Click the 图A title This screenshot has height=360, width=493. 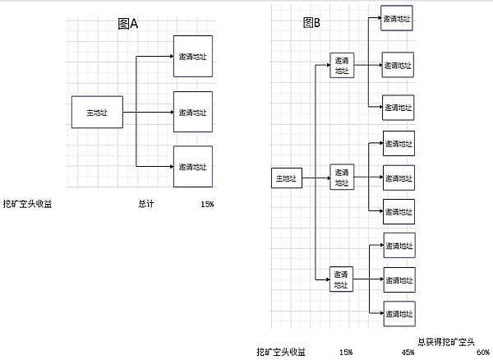(127, 24)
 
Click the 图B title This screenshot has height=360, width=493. (311, 22)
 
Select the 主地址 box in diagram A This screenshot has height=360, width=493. (97, 111)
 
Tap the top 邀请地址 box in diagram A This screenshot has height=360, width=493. (193, 57)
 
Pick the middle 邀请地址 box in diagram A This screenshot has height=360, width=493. (193, 112)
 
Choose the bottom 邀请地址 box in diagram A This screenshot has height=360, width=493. (193, 166)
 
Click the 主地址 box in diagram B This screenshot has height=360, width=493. (288, 178)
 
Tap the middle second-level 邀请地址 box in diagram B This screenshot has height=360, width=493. (341, 178)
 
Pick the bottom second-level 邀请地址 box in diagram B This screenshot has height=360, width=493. (341, 279)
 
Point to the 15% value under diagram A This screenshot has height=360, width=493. (206, 203)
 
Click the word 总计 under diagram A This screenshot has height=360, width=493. (145, 203)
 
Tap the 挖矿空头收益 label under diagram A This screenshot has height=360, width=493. (27, 203)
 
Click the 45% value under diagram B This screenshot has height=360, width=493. (408, 352)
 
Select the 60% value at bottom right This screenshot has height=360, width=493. (482, 352)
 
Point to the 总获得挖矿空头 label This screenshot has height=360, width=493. (445, 341)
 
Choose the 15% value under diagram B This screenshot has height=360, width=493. (346, 352)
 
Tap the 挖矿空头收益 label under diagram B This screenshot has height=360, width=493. (280, 352)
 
